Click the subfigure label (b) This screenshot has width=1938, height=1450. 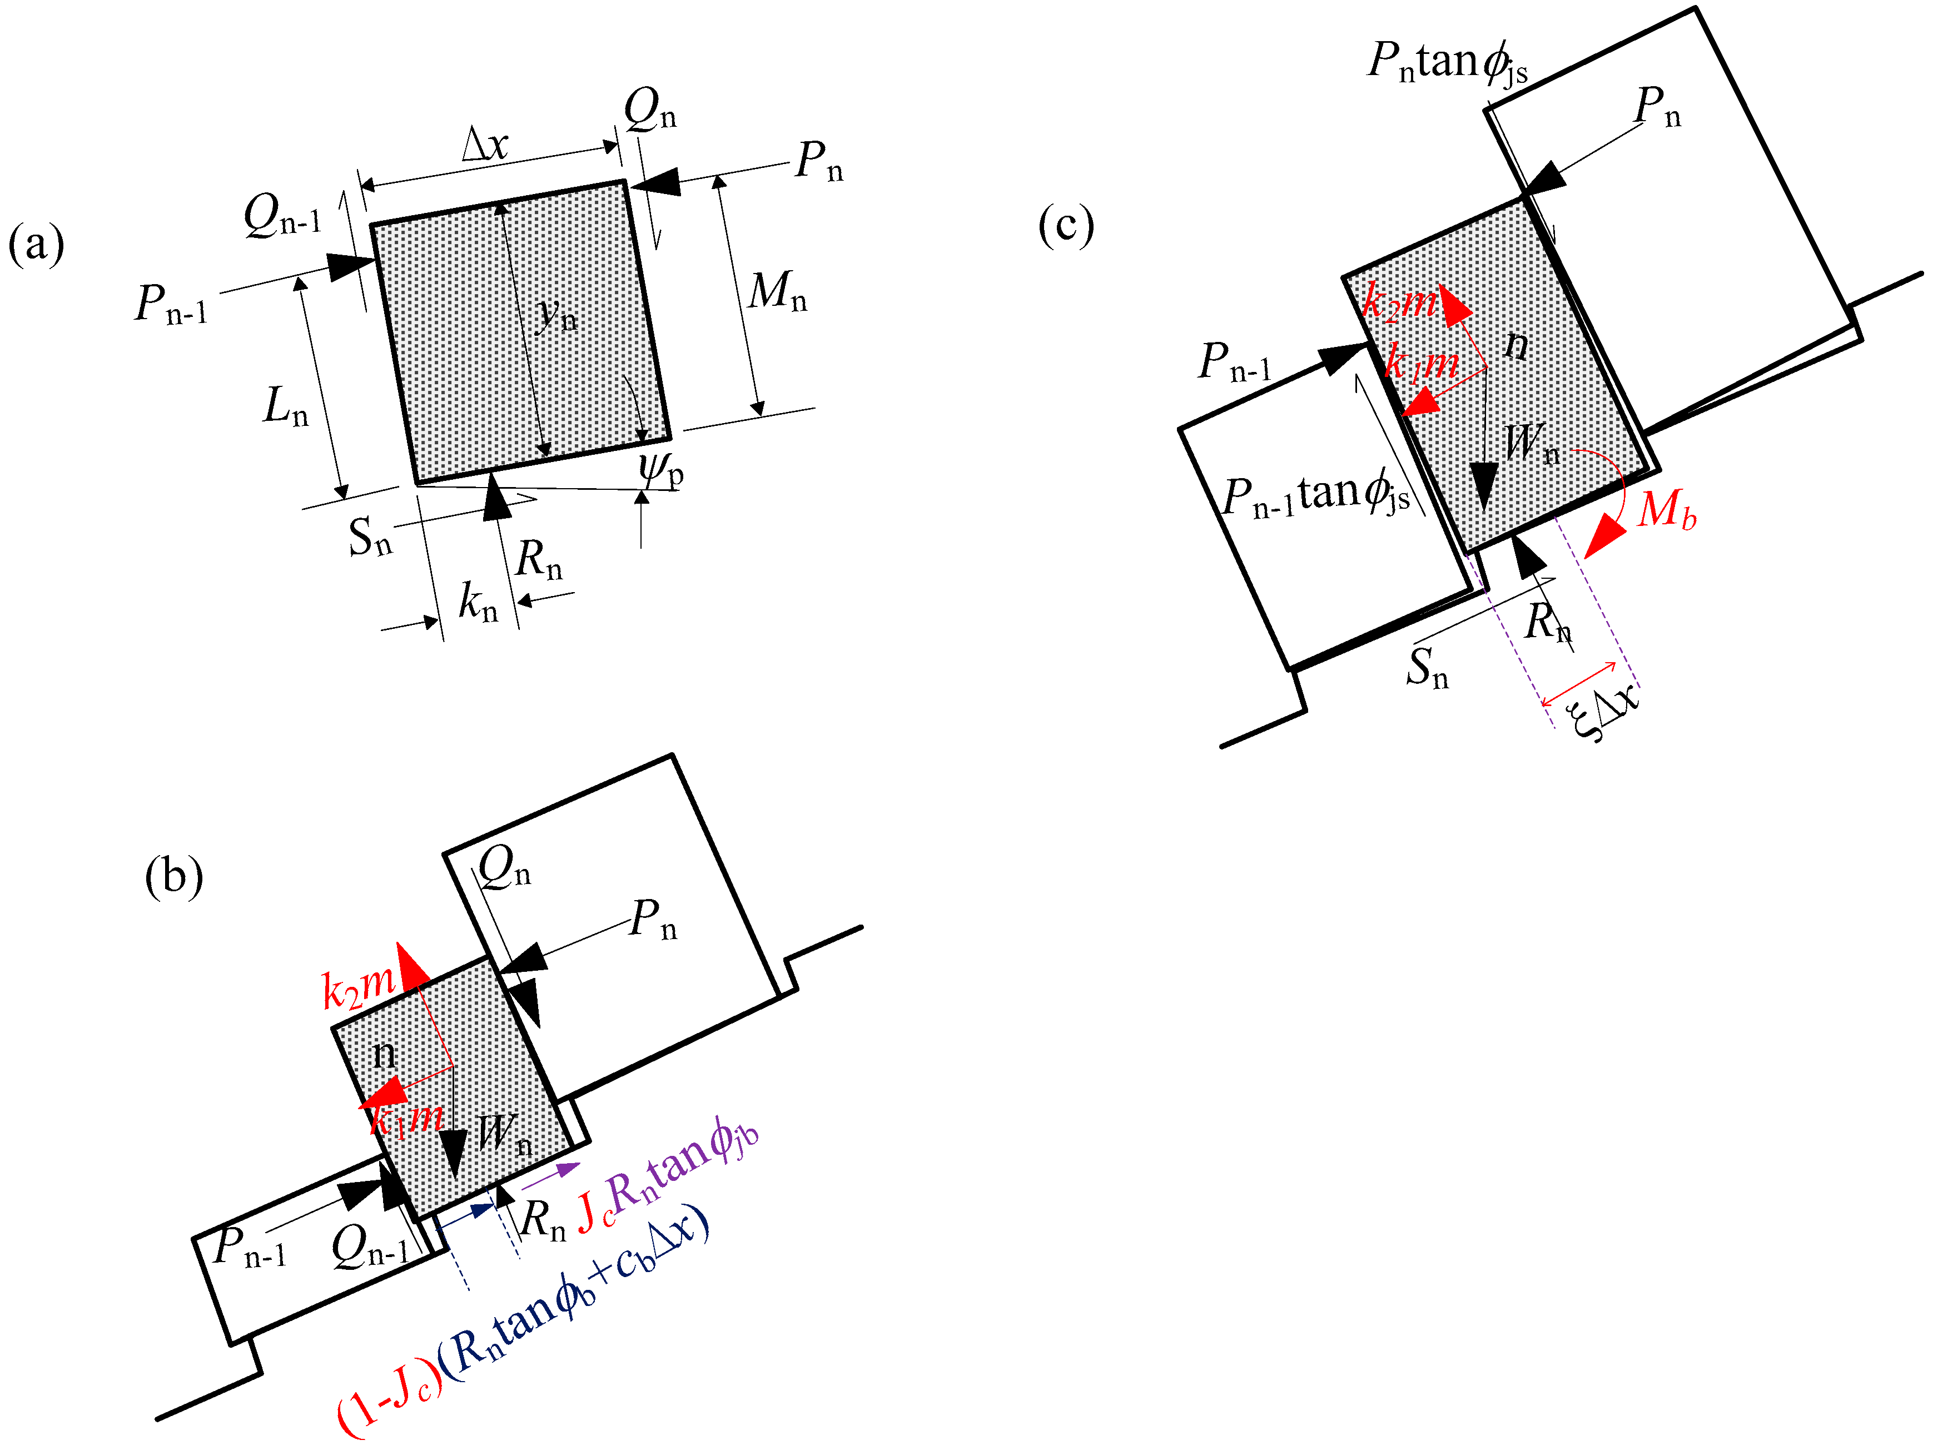coord(173,875)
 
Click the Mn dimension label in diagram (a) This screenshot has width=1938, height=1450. coord(776,292)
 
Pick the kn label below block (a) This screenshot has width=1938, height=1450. coord(478,602)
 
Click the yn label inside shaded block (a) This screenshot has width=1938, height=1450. coord(557,313)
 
